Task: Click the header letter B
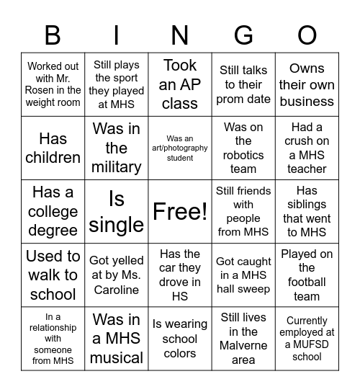pyautogui.click(x=53, y=35)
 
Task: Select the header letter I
pyautogui.click(x=117, y=35)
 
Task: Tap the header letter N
pyautogui.click(x=180, y=35)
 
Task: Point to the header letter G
pyautogui.click(x=243, y=35)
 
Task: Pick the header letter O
pyautogui.click(x=307, y=35)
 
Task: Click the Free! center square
pyautogui.click(x=180, y=211)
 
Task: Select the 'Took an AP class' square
pyautogui.click(x=180, y=84)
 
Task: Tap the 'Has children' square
pyautogui.click(x=53, y=148)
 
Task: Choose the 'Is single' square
pyautogui.click(x=117, y=211)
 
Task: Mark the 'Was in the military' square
pyautogui.click(x=117, y=148)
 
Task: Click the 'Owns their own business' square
pyautogui.click(x=307, y=84)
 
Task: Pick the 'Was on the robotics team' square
pyautogui.click(x=243, y=148)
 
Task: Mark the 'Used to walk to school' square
pyautogui.click(x=53, y=275)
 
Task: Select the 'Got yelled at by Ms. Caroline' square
pyautogui.click(x=117, y=275)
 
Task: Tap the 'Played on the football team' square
pyautogui.click(x=307, y=275)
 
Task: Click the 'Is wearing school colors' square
pyautogui.click(x=180, y=338)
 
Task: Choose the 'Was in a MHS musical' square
pyautogui.click(x=117, y=338)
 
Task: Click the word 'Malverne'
pyautogui.click(x=243, y=346)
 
